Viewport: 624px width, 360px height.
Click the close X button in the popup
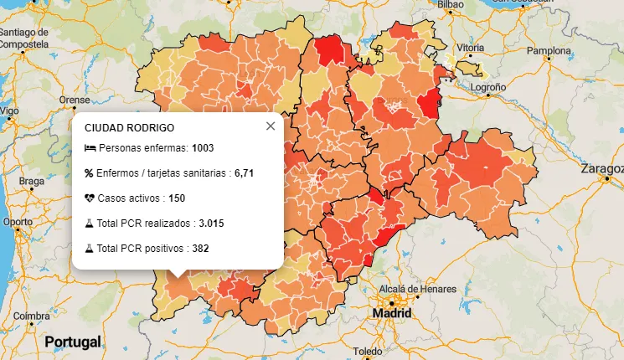270,126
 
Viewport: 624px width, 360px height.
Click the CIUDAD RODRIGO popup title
129,128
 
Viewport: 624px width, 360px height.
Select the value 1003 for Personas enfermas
203,148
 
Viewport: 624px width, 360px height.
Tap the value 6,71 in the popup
244,173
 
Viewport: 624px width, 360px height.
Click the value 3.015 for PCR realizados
211,224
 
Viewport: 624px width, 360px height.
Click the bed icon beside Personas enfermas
90,148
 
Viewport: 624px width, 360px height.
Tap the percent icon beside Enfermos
90,173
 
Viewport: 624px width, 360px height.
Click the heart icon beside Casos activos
90,198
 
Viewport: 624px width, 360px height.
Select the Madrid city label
392,313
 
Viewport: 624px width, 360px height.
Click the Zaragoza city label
603,169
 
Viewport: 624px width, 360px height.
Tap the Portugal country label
73,342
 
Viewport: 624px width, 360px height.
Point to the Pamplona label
548,51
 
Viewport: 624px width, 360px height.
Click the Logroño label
489,86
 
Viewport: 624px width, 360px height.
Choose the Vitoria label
471,48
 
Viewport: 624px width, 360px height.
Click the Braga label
31,181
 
